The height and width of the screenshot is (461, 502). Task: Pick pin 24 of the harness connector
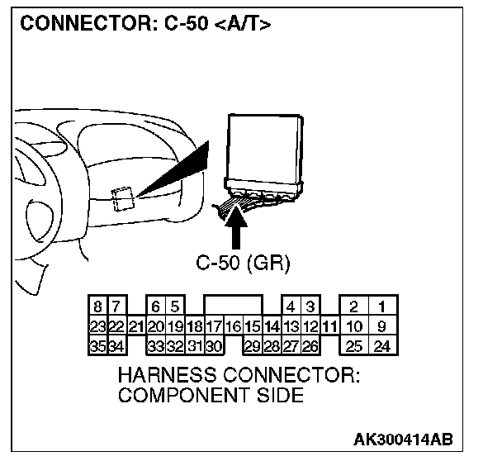click(x=381, y=346)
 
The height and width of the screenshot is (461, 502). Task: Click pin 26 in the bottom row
click(x=310, y=346)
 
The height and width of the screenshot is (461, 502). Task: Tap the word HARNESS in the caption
click(x=165, y=375)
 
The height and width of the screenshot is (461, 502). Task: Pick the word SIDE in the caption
click(x=278, y=395)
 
